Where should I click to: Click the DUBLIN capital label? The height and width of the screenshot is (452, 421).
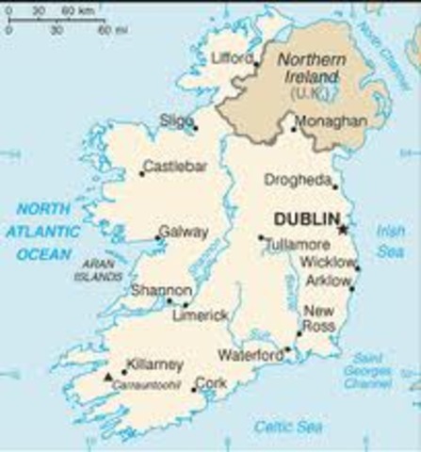[305, 219]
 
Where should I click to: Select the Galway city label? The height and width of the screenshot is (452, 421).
[178, 230]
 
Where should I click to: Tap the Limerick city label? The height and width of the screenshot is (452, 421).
[201, 316]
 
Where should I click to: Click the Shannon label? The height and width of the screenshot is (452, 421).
[161, 290]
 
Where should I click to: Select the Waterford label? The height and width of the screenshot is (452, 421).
[251, 355]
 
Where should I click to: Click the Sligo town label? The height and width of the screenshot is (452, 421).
[176, 120]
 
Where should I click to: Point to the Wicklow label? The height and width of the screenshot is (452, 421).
[327, 263]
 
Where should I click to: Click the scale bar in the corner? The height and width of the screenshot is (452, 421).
[55, 18]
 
